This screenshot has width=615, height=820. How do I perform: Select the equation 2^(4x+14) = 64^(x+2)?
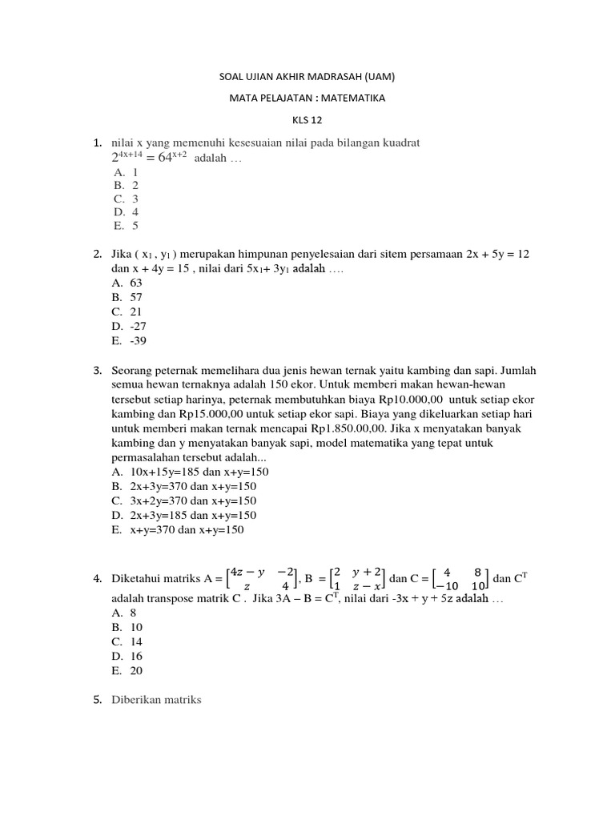pos(151,157)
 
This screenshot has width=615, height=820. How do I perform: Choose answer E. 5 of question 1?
pos(127,226)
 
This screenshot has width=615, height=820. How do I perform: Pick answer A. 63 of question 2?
pos(128,283)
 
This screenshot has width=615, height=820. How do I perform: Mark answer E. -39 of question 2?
pos(130,340)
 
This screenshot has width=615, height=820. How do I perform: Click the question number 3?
pos(97,371)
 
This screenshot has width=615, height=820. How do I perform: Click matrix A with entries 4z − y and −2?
pos(261,578)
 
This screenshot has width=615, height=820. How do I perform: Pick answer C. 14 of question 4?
pos(128,642)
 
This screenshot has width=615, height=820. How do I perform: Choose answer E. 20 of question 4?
pos(128,671)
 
